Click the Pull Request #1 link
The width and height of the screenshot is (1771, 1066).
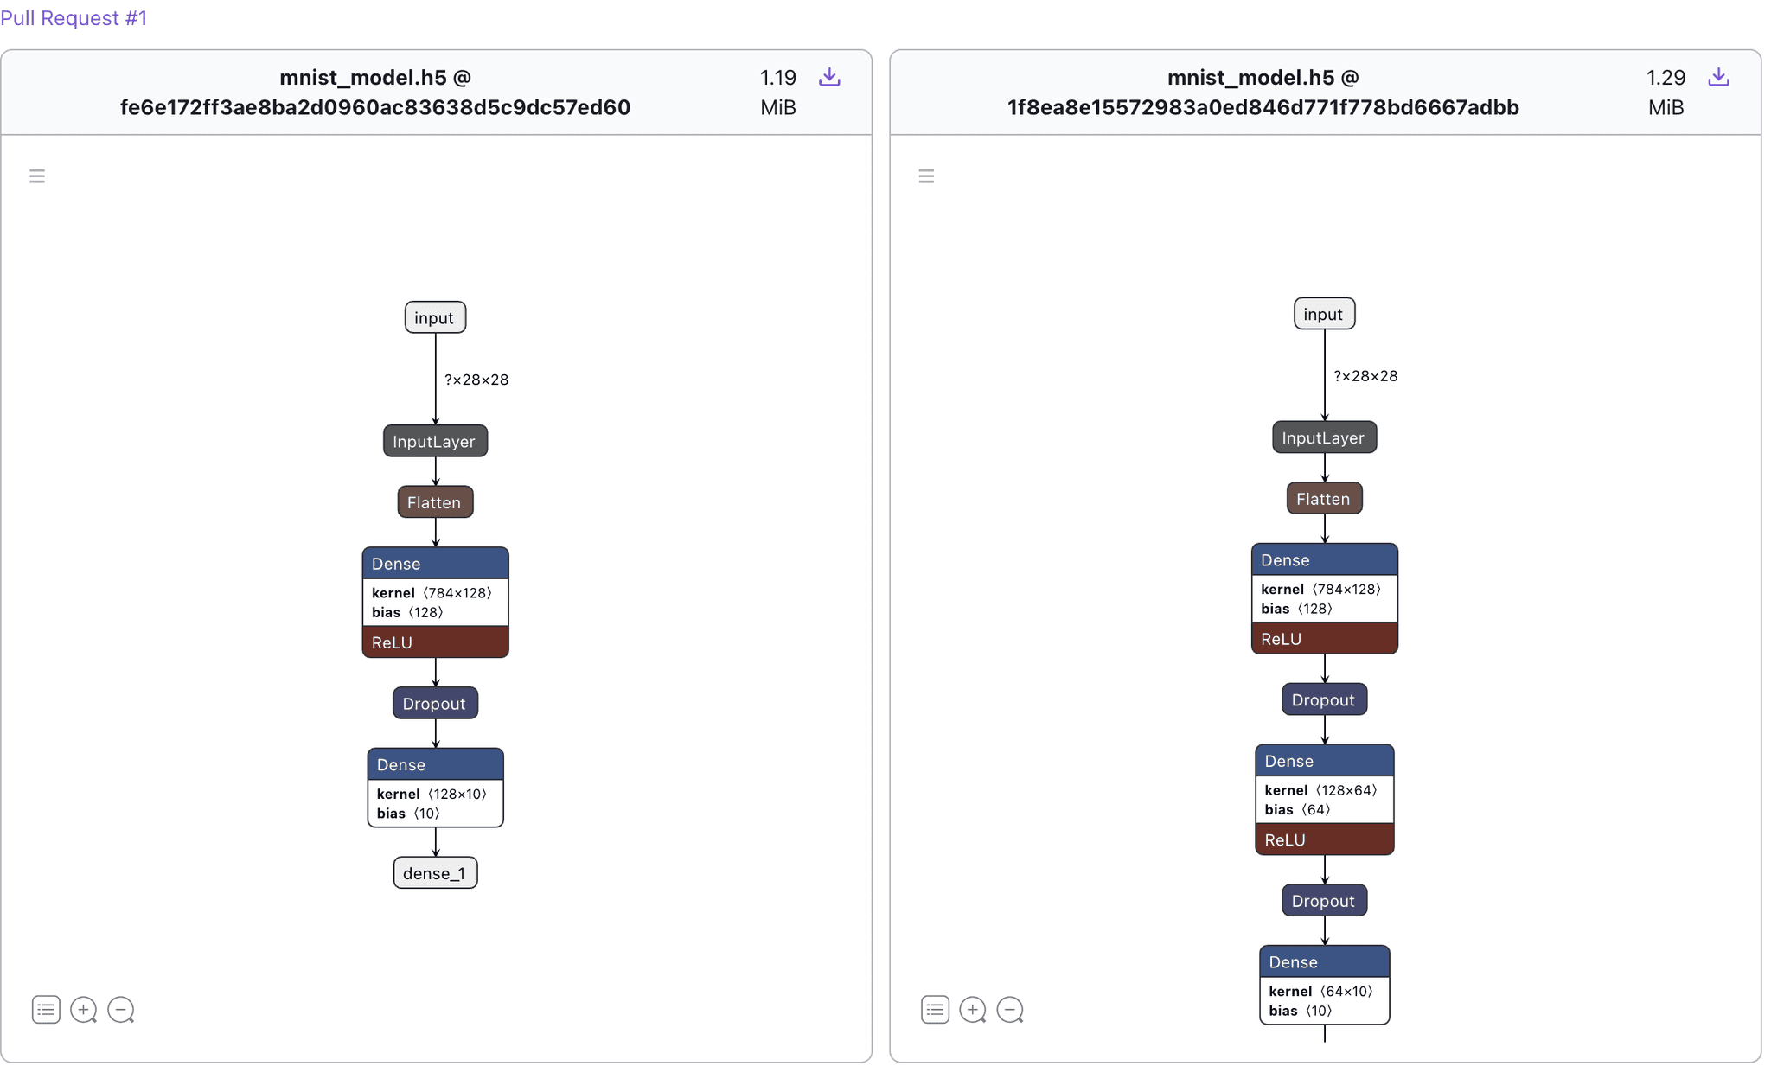coord(74,18)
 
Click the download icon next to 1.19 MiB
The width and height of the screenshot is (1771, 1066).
coord(828,78)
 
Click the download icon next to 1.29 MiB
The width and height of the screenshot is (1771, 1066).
coord(1717,78)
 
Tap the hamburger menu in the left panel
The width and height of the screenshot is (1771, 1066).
coord(37,176)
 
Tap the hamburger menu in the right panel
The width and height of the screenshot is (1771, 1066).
coord(926,176)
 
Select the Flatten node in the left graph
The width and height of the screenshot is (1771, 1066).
coord(435,502)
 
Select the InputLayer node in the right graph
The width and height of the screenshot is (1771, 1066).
coord(1324,437)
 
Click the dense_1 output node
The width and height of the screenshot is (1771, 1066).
coord(435,873)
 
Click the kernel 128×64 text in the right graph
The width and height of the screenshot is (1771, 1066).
coord(1320,790)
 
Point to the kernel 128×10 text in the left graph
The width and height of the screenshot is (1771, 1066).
coord(432,794)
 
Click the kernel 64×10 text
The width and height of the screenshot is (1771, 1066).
coord(1320,992)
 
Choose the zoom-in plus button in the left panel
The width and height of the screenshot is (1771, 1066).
coord(83,1010)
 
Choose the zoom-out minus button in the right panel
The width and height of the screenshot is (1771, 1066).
coord(1010,1010)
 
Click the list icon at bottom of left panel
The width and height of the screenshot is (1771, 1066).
coord(46,1010)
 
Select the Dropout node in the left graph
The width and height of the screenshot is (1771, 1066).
coord(435,704)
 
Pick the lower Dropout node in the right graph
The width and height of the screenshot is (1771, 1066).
coord(1324,901)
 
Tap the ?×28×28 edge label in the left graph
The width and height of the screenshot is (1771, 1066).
coord(476,380)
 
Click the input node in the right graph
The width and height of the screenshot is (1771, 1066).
coord(1324,314)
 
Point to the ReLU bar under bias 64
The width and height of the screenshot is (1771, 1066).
coord(1324,839)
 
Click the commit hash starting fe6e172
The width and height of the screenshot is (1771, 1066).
coord(375,107)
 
